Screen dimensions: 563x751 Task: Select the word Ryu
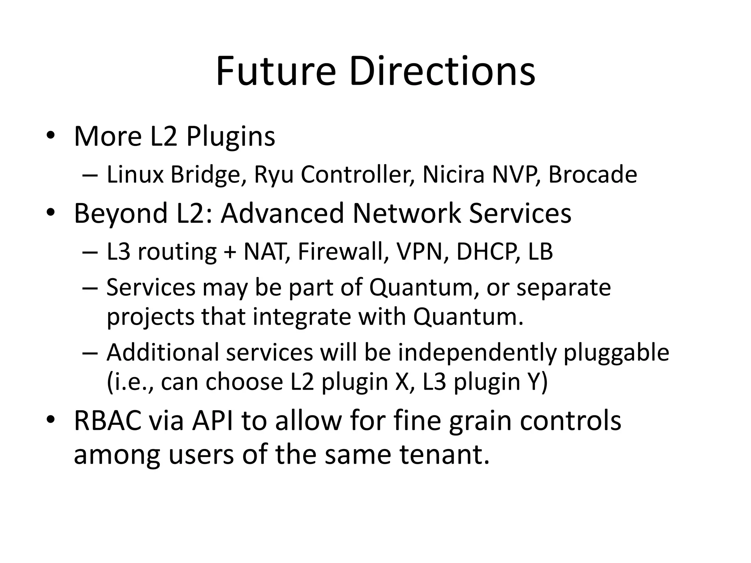[x=274, y=175]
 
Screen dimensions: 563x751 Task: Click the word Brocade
[x=592, y=174]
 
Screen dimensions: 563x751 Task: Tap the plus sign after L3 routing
[x=230, y=253]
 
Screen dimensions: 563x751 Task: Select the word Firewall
[x=343, y=252]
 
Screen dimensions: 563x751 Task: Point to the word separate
[x=564, y=288]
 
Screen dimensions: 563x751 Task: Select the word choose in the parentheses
[x=244, y=382]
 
